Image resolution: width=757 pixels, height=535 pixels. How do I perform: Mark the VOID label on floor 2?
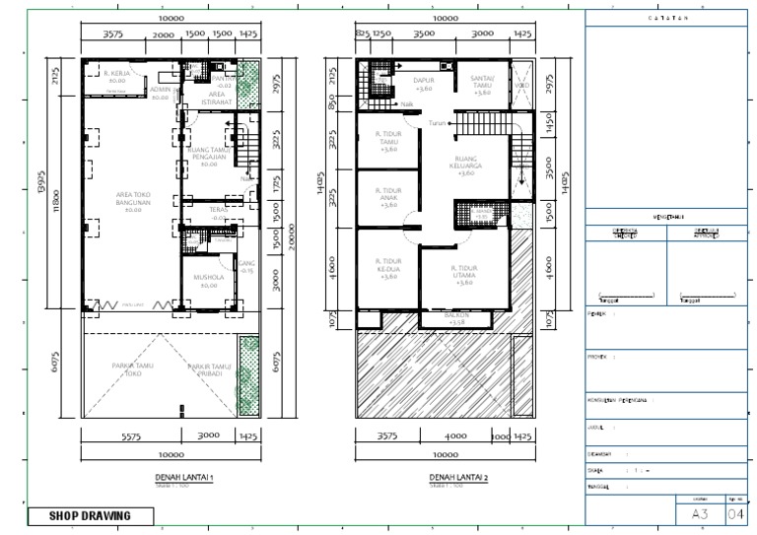(x=522, y=85)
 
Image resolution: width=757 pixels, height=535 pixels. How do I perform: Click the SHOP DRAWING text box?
(x=89, y=515)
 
